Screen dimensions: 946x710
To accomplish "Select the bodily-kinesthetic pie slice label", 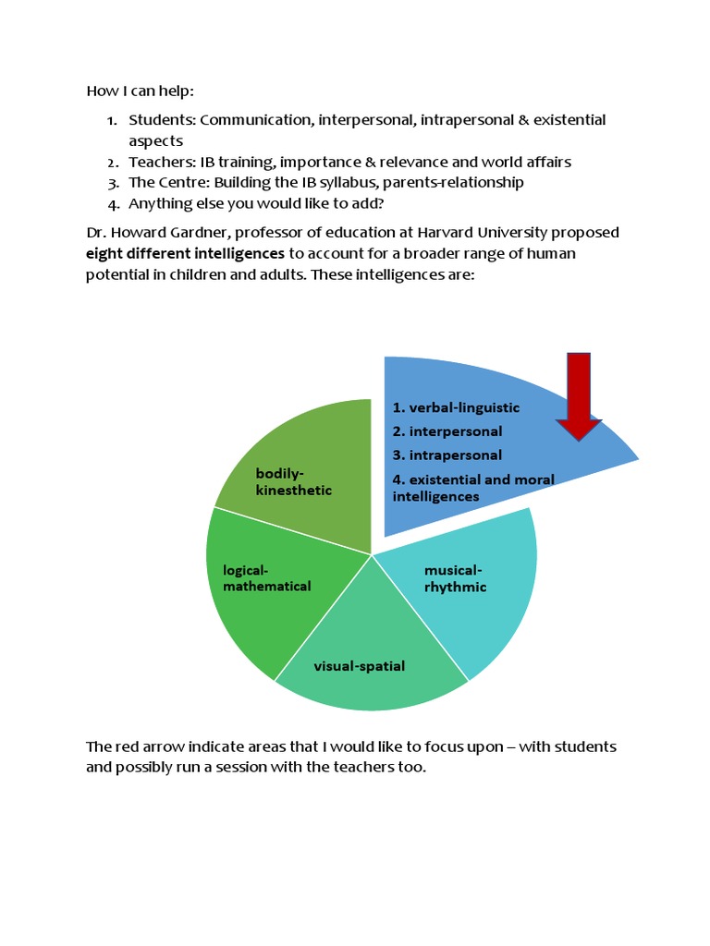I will click(x=293, y=481).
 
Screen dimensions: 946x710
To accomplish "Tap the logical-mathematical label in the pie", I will click(x=266, y=578).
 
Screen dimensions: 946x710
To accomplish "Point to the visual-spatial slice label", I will click(x=359, y=666).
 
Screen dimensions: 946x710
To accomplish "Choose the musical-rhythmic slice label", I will click(x=455, y=578).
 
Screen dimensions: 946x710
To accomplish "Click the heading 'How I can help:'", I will click(x=141, y=91).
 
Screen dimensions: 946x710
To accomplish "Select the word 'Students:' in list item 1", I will click(x=162, y=120).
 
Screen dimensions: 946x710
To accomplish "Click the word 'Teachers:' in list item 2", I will click(x=161, y=162).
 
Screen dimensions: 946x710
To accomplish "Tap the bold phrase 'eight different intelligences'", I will click(x=185, y=253).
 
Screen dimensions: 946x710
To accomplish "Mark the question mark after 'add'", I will click(x=379, y=202).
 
